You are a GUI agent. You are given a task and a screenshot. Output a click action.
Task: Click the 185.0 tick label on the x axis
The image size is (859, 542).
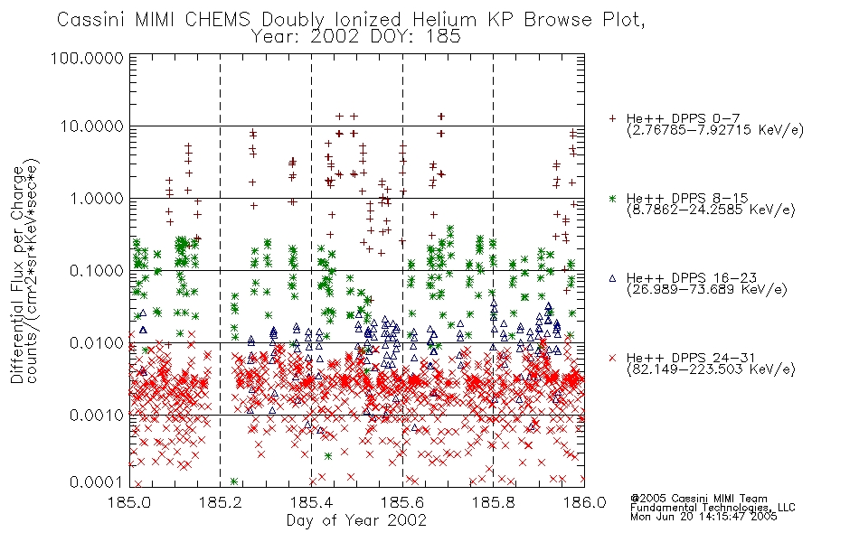tap(129, 502)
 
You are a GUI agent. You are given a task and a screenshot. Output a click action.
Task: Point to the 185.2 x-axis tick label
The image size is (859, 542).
tap(221, 502)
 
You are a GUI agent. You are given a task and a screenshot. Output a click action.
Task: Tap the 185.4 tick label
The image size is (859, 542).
tap(312, 502)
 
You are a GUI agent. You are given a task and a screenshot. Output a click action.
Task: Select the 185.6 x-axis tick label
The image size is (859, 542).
tap(402, 502)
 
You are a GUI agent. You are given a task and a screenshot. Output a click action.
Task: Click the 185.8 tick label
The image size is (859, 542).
tap(494, 502)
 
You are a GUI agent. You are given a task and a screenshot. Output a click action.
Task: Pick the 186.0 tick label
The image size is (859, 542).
tap(584, 502)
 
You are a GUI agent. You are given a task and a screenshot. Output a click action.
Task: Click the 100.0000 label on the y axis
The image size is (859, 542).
tap(87, 58)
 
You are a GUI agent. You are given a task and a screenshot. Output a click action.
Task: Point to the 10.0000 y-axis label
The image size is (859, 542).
tap(91, 126)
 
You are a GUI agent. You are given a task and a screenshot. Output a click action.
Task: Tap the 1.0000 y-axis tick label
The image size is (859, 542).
tap(97, 198)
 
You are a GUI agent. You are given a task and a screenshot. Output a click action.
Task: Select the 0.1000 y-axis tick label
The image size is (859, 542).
tap(97, 270)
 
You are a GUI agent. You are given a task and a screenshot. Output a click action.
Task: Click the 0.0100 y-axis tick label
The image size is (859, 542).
tap(97, 343)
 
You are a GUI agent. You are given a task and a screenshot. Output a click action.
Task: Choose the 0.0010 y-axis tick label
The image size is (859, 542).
tap(97, 416)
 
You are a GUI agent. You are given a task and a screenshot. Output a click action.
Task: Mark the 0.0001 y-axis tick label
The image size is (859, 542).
tap(97, 481)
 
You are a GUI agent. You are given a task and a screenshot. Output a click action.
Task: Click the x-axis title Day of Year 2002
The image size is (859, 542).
tap(356, 520)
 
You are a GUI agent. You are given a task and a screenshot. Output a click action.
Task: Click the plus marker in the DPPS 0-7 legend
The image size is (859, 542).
tap(612, 118)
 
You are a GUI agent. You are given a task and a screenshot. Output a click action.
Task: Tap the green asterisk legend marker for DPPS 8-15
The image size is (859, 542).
tap(612, 198)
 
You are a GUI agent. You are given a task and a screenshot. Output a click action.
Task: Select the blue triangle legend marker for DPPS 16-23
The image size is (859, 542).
tap(612, 278)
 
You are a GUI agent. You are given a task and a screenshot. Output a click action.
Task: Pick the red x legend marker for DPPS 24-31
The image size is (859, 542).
tap(612, 358)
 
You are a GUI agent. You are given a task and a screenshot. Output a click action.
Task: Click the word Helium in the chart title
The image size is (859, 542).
tap(444, 20)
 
